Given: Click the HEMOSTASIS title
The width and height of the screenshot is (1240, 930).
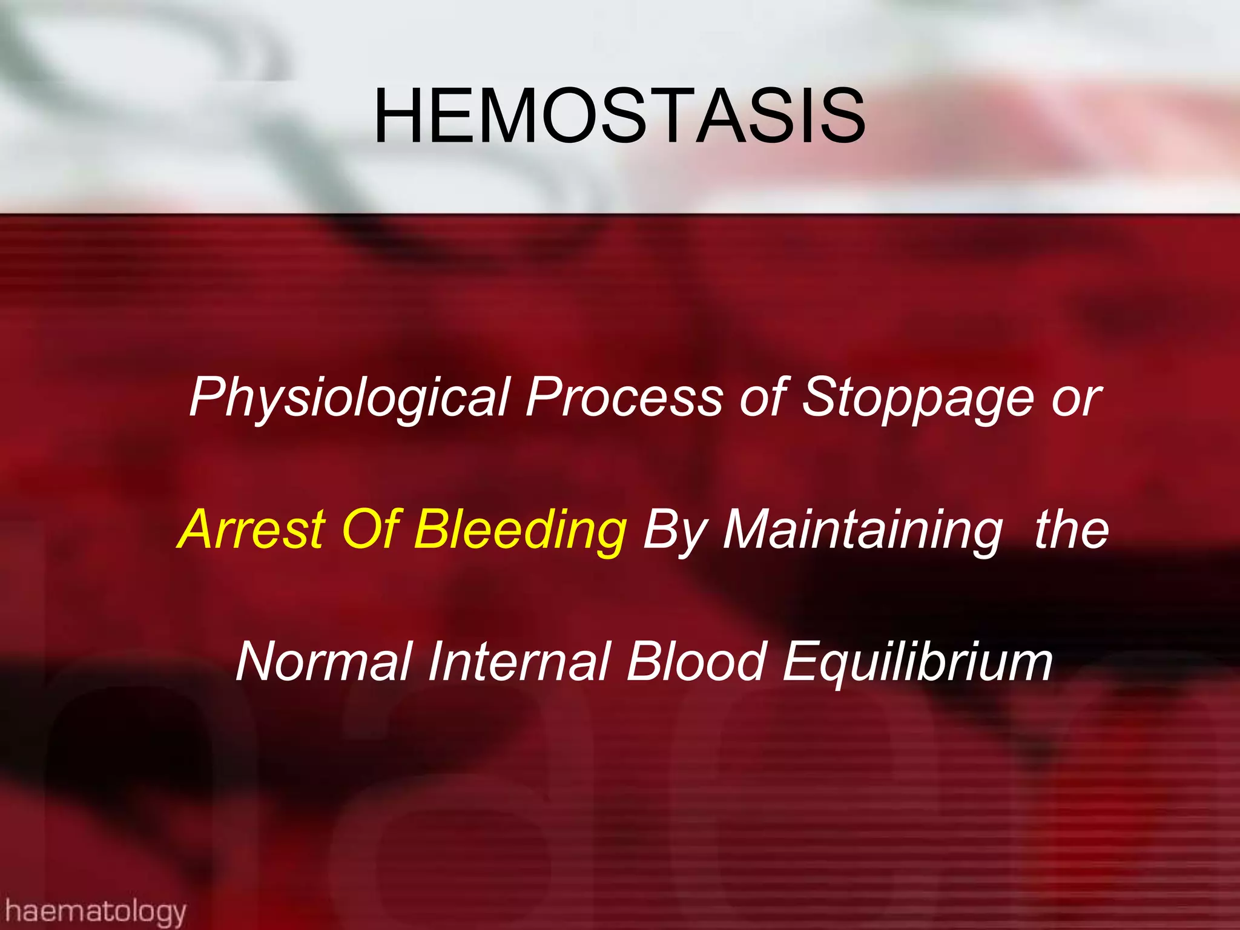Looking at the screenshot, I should pos(619,116).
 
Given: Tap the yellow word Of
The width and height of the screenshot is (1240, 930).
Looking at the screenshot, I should pos(370,529).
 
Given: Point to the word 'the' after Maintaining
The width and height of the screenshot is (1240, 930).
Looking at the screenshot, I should pos(1072,529).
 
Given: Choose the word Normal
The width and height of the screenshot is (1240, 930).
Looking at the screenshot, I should pos(324,662).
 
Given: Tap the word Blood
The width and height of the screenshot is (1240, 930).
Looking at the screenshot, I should pos(696,662).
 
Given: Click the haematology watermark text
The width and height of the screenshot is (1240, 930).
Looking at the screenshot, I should pos(95,911).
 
